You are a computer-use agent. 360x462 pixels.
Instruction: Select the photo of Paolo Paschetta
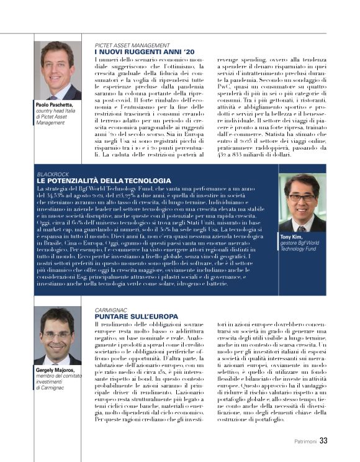57,71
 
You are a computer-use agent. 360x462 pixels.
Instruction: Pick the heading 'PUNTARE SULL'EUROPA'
128,315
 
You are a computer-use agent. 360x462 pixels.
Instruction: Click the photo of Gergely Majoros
57,336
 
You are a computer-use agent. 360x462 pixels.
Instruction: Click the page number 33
323,442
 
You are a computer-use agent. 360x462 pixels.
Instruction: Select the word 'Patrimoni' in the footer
305,442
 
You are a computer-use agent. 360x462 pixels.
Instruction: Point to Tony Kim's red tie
302,227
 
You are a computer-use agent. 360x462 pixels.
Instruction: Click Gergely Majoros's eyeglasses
56,335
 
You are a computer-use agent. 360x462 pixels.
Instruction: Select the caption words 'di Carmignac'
50,387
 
